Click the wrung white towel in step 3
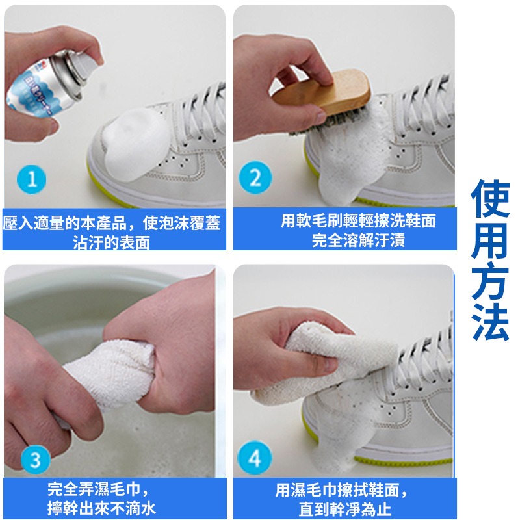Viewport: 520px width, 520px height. [110, 377]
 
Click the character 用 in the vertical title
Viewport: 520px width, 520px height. [490, 244]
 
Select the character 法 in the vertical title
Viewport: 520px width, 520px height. [490, 322]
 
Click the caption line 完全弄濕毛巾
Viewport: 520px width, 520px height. [98, 489]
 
